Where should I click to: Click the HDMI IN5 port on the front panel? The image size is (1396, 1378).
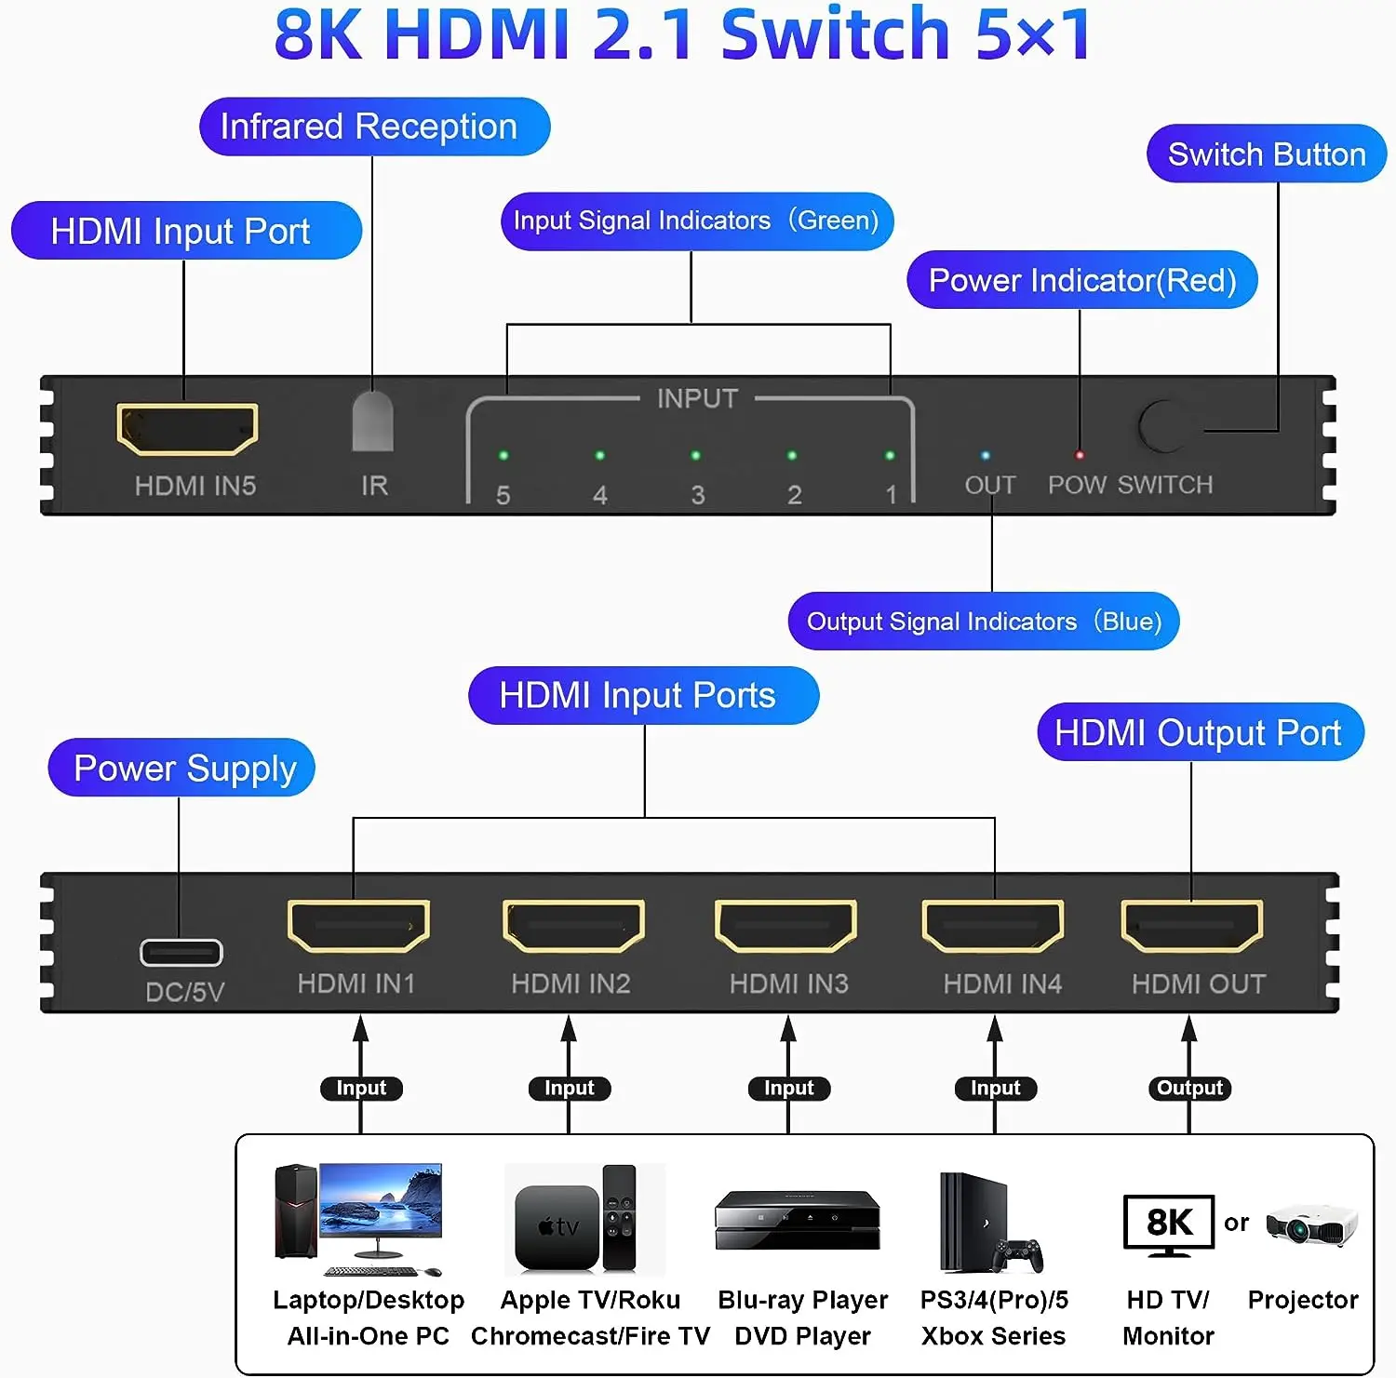coord(187,429)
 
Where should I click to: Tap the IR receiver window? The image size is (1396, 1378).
coord(372,421)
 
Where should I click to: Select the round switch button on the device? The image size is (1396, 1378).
coord(1162,426)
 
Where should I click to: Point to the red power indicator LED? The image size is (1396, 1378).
coord(1080,455)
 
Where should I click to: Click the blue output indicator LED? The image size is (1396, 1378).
coord(986,456)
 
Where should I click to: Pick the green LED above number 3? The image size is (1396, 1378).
coord(695,456)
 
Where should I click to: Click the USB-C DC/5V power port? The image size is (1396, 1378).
coord(181,953)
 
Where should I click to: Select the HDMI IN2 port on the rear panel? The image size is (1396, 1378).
coord(572,926)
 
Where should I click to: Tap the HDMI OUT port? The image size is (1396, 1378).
coord(1192,926)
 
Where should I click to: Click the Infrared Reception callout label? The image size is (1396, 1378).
coord(374,127)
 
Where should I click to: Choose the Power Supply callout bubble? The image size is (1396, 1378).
coord(182,769)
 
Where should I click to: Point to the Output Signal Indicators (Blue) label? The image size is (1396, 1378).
coord(984,622)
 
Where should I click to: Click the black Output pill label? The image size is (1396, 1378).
coord(1189,1088)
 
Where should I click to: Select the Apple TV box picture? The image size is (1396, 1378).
coord(557,1227)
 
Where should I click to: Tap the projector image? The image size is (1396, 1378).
coord(1312,1225)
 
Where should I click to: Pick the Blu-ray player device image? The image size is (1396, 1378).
coord(798,1220)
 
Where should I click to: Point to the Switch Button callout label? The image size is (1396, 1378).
coord(1267,154)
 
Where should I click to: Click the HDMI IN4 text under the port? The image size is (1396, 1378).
coord(1002,983)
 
